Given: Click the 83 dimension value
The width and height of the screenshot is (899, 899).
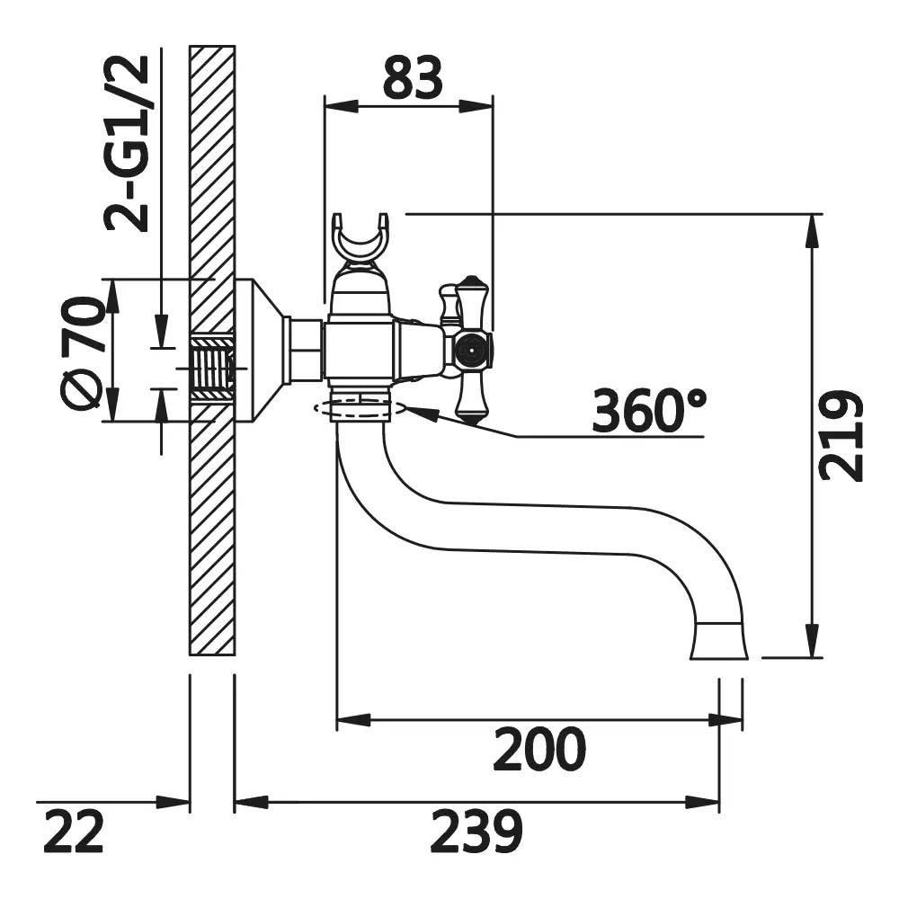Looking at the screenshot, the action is coord(413,76).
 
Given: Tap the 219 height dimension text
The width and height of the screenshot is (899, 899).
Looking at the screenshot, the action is coord(841,436).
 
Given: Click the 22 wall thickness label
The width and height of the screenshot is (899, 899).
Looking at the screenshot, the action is coord(74,831).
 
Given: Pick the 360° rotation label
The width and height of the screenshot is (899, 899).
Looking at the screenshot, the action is coord(649,411).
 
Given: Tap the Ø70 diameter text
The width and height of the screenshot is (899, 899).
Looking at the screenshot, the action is coord(82,352).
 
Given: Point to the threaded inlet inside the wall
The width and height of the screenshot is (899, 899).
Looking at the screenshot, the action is coord(212,368).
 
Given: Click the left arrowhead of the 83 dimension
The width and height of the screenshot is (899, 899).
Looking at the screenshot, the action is coord(341,105).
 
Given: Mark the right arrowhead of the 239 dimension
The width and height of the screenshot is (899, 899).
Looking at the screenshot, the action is coord(702,803).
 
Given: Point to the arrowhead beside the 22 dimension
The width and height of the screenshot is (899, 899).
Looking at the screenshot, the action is coord(173,803).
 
